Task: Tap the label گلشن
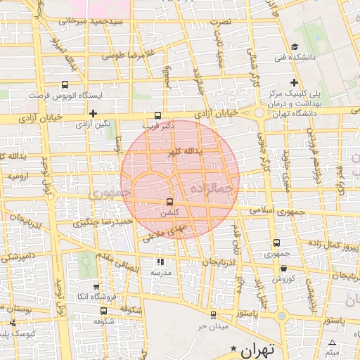[x=169, y=212]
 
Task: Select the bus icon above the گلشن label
[x=169, y=201]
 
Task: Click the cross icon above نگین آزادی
[x=92, y=113]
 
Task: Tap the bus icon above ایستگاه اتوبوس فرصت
[x=65, y=84]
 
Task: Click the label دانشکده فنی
[x=288, y=56]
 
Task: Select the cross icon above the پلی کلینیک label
[x=294, y=82]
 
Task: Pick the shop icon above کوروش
[x=283, y=268]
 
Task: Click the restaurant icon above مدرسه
[x=160, y=262]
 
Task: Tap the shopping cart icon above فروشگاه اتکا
[x=96, y=286]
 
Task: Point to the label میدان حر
[x=213, y=326]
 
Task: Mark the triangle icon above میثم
[x=332, y=342]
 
